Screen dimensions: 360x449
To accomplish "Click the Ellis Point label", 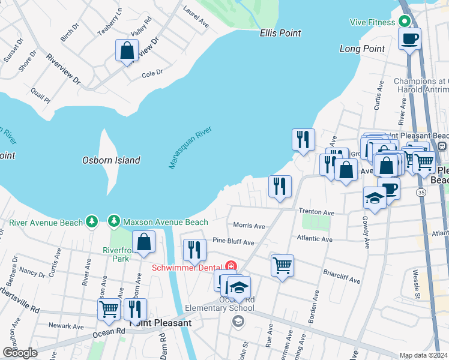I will (x=280, y=33).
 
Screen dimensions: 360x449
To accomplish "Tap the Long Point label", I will (x=361, y=48).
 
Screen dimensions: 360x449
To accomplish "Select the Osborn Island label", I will (x=111, y=160).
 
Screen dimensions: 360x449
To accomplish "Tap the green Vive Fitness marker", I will (x=405, y=22).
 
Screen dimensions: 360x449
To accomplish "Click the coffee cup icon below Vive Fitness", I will (x=410, y=39).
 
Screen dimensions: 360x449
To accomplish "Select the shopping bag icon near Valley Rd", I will (x=127, y=50).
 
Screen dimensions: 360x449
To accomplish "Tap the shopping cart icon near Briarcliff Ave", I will (x=282, y=265).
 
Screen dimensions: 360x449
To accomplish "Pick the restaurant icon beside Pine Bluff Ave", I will (x=194, y=250).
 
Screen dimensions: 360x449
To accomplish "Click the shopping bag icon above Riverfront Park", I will (x=144, y=242).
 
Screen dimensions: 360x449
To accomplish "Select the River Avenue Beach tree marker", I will (x=91, y=223).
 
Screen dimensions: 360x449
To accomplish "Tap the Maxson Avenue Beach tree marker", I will (x=114, y=223).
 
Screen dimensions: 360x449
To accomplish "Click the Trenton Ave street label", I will (x=317, y=212).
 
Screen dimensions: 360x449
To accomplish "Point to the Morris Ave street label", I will (x=249, y=226).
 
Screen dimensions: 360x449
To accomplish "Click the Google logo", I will (x=20, y=353).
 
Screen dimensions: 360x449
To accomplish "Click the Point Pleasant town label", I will (x=161, y=323).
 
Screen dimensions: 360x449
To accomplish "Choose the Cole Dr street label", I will (x=152, y=73).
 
